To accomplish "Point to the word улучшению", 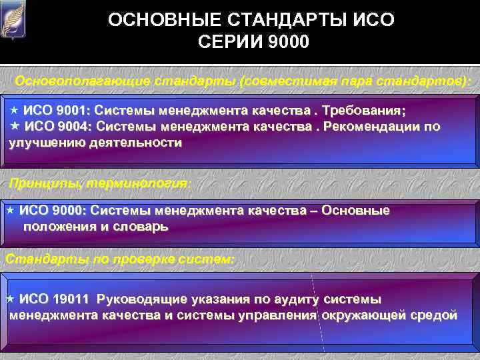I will [x=48, y=143].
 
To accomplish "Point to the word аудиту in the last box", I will [x=297, y=299].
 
